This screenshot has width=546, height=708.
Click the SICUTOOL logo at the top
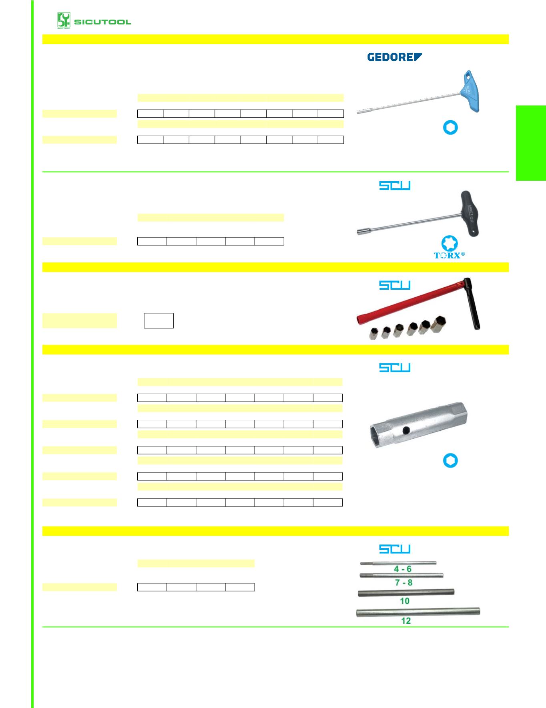pos(94,20)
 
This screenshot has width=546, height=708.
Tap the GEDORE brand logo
pos(395,57)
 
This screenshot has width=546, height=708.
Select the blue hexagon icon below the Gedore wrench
pos(450,128)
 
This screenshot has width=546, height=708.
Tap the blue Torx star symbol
pos(450,243)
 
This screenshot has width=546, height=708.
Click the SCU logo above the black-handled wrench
pos(395,186)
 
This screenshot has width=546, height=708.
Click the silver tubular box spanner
pos(418,425)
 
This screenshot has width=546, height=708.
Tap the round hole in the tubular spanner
pos(406,430)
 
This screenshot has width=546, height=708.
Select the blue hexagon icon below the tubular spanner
pos(450,461)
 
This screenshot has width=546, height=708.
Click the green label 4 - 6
pos(403,569)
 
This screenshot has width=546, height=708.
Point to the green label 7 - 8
pos(403,583)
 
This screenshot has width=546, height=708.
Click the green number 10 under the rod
pos(405,601)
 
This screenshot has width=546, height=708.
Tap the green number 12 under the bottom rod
pos(406,621)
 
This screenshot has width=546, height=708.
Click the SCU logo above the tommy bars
pos(395,549)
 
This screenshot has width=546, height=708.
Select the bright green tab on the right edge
pos(531,143)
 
